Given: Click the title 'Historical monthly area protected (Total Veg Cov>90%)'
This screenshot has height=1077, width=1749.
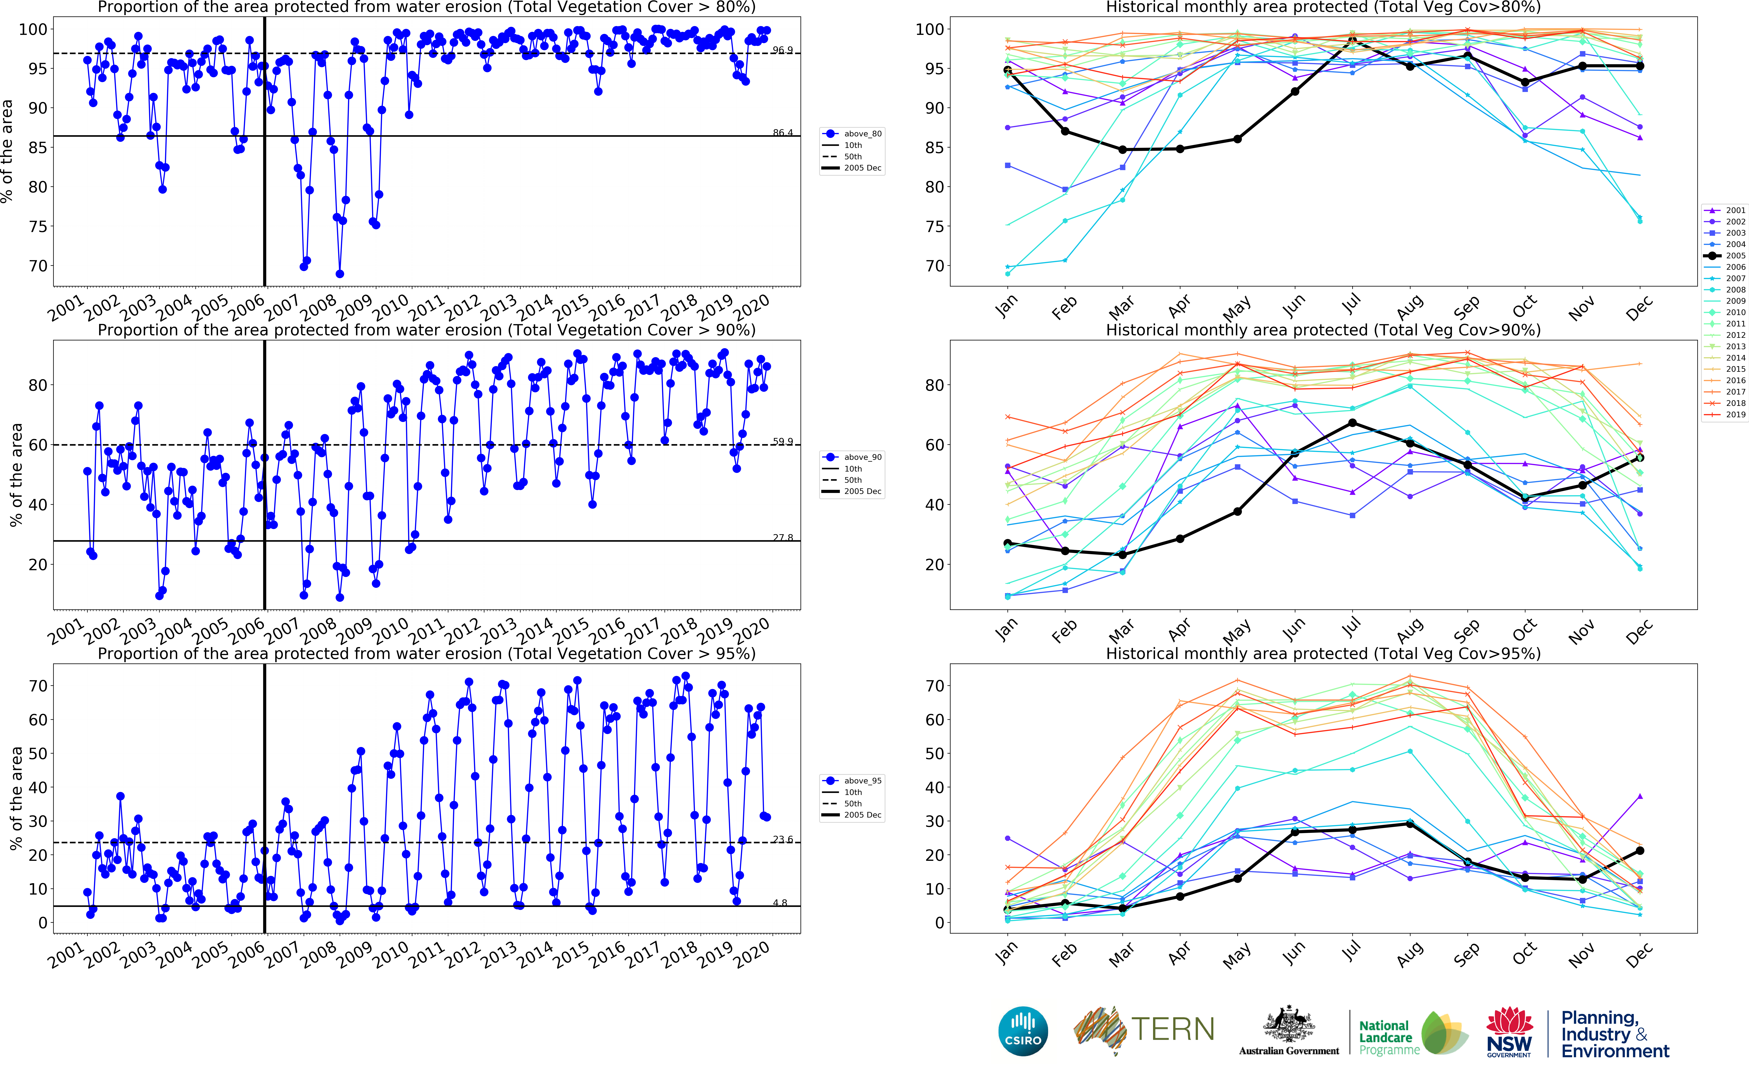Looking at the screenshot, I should tap(1323, 330).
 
